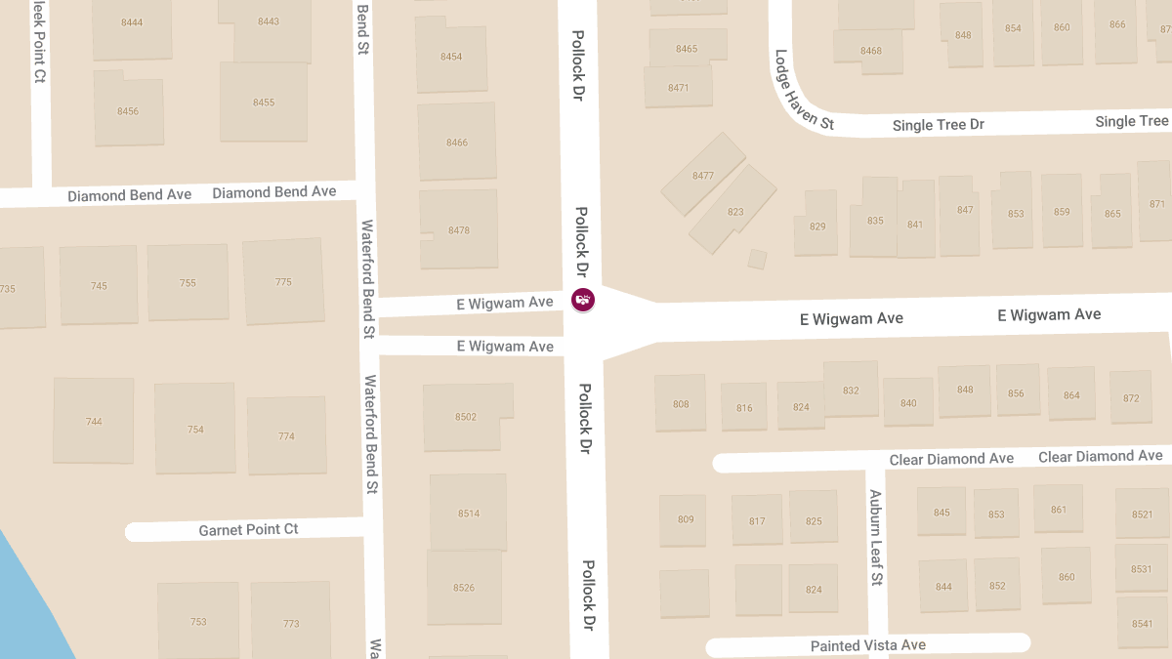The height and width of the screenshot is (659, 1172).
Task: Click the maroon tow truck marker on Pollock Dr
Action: [582, 300]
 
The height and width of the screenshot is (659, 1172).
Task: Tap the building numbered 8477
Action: [703, 176]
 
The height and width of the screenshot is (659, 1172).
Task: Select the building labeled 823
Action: [734, 212]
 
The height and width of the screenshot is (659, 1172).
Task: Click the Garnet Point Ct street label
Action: [248, 530]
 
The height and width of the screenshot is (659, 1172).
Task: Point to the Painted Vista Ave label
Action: [867, 645]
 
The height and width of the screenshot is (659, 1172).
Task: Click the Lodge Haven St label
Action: [803, 91]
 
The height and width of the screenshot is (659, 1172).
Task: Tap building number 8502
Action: [466, 417]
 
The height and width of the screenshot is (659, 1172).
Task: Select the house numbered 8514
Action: [468, 513]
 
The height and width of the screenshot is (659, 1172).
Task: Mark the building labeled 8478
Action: [458, 230]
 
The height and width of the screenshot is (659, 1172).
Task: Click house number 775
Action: [283, 282]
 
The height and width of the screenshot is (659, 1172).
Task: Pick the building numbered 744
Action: [94, 421]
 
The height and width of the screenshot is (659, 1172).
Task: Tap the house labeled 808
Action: [681, 403]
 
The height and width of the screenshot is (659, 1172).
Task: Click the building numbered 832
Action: [851, 390]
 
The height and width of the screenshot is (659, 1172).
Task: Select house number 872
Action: [1131, 397]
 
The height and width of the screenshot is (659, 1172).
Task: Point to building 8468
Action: [870, 51]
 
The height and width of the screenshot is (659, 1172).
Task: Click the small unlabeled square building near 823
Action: [757, 259]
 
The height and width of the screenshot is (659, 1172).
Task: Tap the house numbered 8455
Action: [264, 102]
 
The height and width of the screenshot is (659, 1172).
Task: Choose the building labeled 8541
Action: [1142, 623]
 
